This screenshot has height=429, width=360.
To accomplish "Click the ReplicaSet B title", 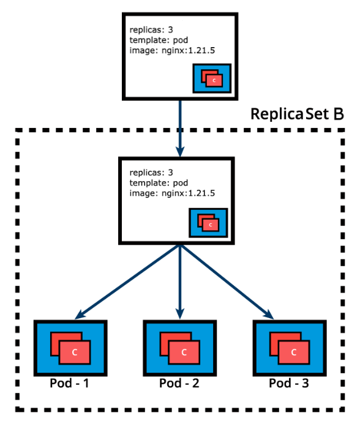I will (297, 114).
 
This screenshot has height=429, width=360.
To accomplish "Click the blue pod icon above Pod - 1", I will (70, 347).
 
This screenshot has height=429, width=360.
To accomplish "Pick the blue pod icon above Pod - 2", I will (179, 347).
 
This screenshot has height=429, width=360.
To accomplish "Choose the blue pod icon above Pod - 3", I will (289, 347).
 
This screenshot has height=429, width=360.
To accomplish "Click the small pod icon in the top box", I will (212, 78).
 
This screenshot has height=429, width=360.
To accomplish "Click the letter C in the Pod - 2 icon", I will (184, 352).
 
